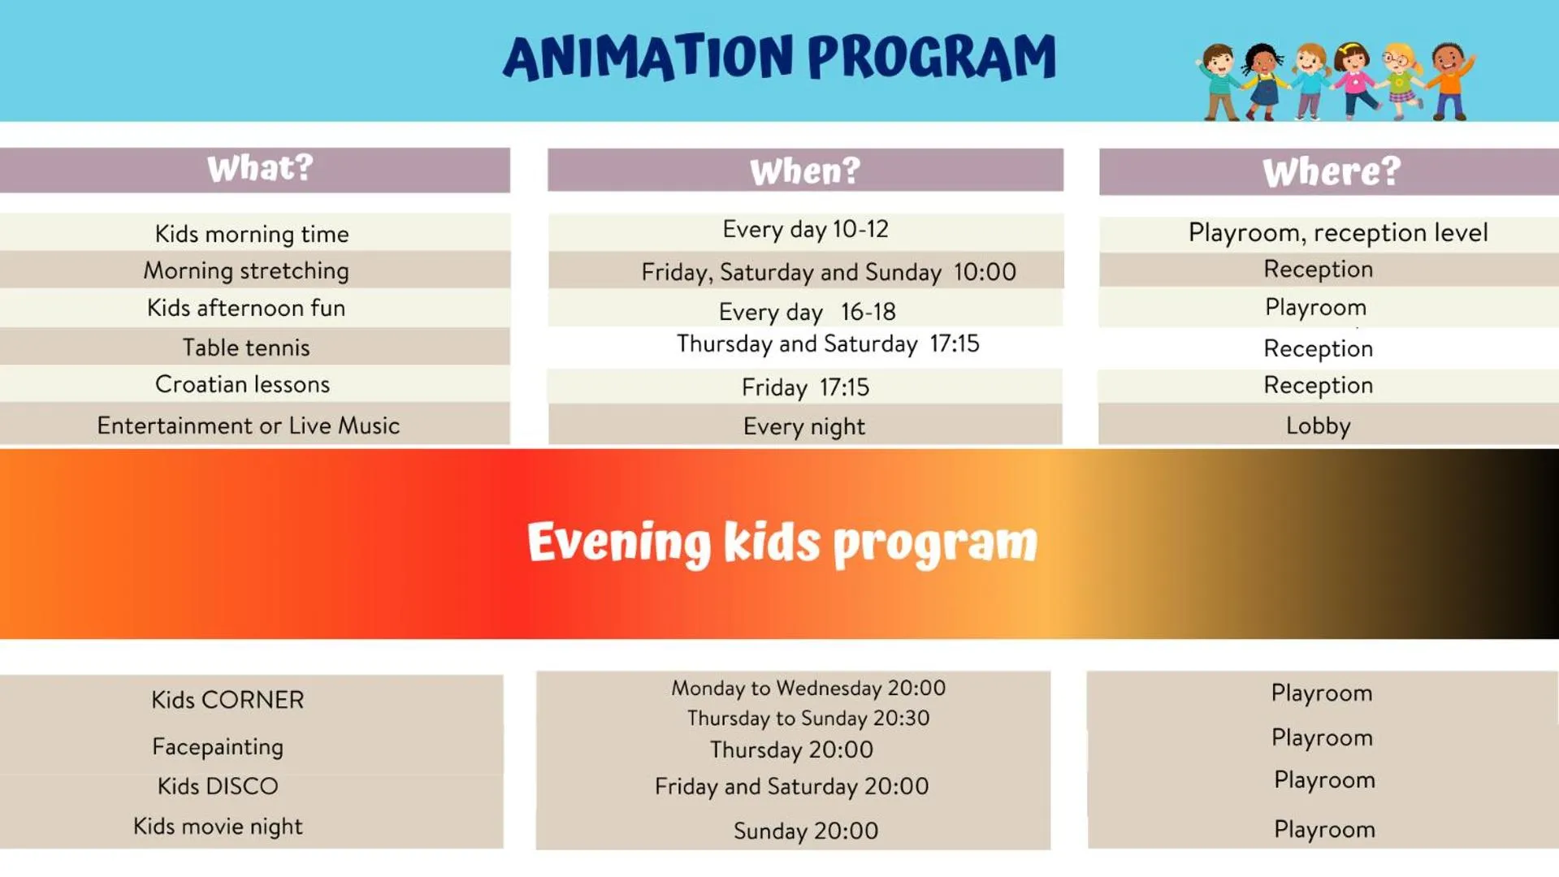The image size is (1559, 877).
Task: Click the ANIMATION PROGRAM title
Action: click(779, 58)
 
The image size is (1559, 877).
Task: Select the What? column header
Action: click(260, 169)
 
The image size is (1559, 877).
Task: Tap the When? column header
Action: click(804, 171)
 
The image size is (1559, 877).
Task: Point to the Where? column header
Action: click(1332, 172)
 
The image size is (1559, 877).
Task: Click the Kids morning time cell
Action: click(252, 234)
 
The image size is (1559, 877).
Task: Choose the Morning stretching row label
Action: click(246, 270)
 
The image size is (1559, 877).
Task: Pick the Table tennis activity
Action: click(246, 348)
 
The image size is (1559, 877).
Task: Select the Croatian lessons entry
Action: click(242, 384)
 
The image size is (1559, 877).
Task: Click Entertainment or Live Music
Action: click(249, 426)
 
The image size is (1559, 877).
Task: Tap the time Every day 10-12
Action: click(805, 229)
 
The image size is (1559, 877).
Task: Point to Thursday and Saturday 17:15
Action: click(828, 343)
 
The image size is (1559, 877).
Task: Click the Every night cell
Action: click(804, 426)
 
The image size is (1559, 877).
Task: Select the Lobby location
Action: click(1318, 426)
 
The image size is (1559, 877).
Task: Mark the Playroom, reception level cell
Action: click(1338, 233)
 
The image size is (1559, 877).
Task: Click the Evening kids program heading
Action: click(782, 542)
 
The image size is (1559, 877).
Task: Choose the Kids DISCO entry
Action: click(218, 786)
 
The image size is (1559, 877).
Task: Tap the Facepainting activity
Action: click(218, 747)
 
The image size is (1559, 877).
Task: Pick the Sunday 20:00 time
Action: click(806, 831)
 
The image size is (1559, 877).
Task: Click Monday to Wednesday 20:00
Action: click(808, 688)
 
